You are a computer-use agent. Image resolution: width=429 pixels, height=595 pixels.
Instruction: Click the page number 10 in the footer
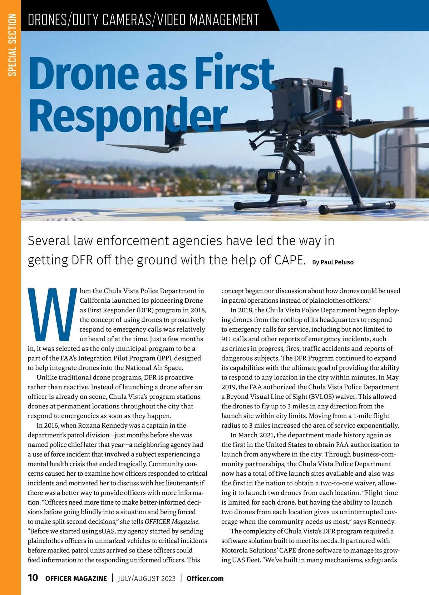(x=33, y=577)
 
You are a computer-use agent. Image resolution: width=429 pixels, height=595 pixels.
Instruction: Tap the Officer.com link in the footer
(x=205, y=578)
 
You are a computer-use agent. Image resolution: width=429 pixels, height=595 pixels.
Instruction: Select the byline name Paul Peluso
(x=337, y=262)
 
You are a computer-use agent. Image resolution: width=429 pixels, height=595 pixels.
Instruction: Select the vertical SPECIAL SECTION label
(x=13, y=45)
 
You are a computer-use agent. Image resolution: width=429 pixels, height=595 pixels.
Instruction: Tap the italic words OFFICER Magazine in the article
(x=172, y=521)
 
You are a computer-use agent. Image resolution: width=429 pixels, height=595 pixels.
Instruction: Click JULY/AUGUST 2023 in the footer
(x=147, y=578)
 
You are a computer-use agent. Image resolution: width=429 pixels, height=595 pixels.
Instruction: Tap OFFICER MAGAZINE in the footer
(x=76, y=578)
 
